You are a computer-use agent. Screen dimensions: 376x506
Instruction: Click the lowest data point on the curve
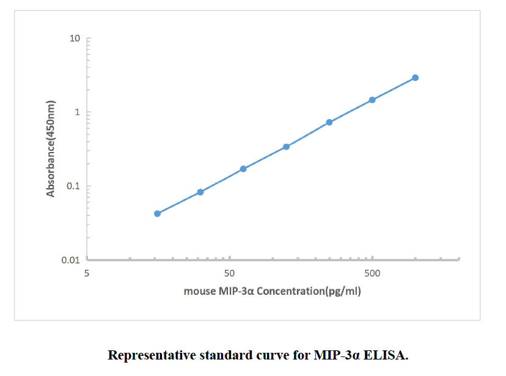tap(157, 214)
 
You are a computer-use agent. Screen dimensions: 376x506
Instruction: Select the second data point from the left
tap(200, 192)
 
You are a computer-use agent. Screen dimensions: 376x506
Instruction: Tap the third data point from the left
tap(243, 168)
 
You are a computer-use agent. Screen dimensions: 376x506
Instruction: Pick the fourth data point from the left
tap(286, 146)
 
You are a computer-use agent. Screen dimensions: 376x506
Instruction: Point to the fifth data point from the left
tap(329, 122)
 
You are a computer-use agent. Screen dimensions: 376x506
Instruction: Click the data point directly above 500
tap(372, 99)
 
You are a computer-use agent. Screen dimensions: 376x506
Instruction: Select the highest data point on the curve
tap(415, 78)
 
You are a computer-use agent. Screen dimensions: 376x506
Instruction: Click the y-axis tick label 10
tap(75, 38)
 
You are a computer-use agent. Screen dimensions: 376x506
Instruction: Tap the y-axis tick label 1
tap(78, 112)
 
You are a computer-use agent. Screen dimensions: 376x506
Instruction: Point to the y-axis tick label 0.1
tap(74, 186)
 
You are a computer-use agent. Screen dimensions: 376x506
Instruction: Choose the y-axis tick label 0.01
tap(71, 260)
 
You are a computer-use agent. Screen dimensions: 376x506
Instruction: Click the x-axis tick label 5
tap(87, 273)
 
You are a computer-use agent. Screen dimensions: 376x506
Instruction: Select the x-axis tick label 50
tap(229, 273)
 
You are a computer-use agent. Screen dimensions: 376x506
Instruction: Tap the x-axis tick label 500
tap(372, 273)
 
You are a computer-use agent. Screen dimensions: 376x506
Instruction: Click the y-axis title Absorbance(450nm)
tap(51, 148)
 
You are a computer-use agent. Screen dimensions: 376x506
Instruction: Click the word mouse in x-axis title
tap(200, 291)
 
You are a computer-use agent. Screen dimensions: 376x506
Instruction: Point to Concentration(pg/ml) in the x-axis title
tap(309, 291)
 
